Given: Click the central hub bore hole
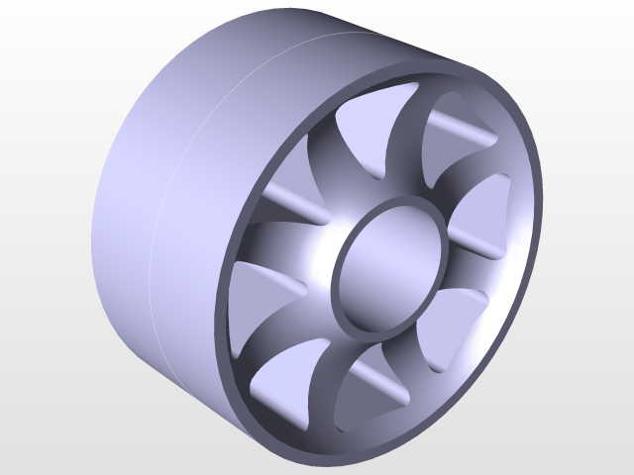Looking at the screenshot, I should tap(388, 265).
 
